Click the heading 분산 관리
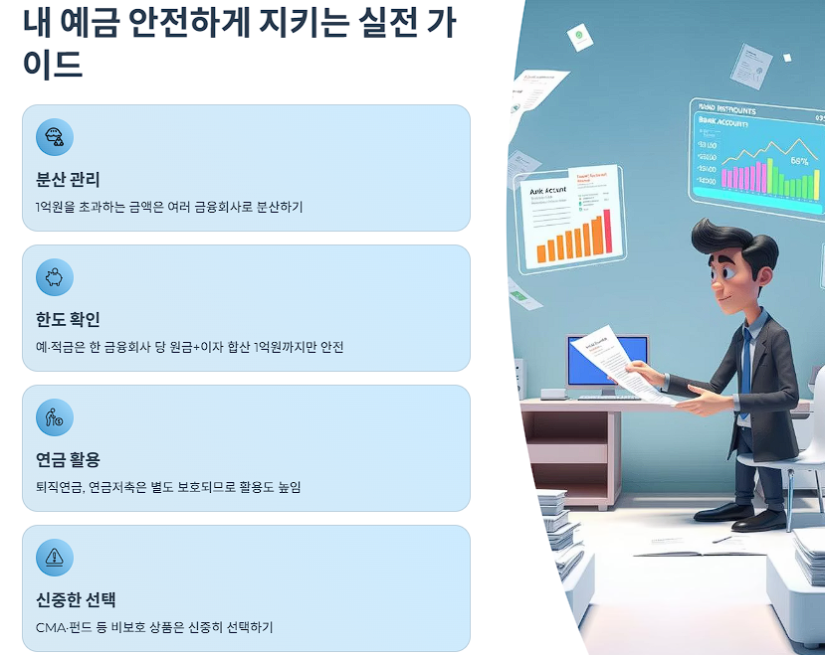68,180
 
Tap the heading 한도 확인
68,320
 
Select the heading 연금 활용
68,460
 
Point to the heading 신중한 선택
76,600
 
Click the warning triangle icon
55,557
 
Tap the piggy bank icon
55,277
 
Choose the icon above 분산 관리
55,137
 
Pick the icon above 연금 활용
55,417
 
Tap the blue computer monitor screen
606,360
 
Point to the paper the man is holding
610,362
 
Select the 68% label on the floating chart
799,160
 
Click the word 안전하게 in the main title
203,22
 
